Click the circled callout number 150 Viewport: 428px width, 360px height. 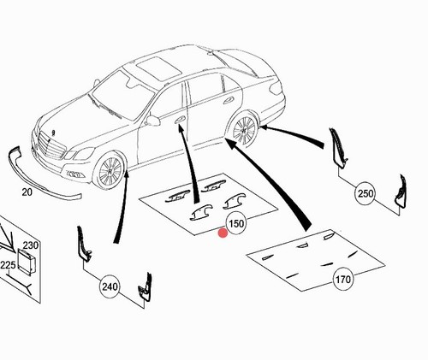point(236,223)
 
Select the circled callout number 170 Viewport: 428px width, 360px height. point(342,280)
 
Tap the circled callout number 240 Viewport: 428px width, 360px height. point(110,286)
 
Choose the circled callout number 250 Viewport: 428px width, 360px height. point(366,194)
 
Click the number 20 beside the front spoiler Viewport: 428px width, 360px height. point(27,192)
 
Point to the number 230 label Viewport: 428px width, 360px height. point(31,245)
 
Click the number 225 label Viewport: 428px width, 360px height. point(8,265)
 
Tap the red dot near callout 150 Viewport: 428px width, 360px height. point(223,233)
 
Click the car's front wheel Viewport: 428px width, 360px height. point(110,172)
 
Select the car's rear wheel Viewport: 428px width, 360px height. point(244,131)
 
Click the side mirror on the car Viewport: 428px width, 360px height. point(153,121)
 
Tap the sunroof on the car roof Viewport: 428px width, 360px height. point(158,68)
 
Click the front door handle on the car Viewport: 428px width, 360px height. point(180,120)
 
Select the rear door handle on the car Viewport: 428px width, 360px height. point(229,100)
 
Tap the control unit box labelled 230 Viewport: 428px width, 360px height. point(27,260)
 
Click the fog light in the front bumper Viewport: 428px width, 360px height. point(74,174)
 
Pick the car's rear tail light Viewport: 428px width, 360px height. point(276,89)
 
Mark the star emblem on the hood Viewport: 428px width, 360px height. point(53,133)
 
